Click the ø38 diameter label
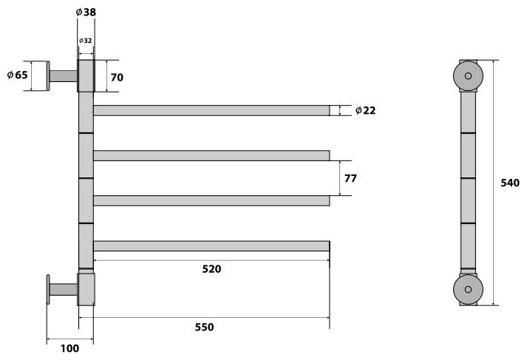click(86, 13)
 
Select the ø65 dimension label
click(17, 75)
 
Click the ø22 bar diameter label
click(366, 110)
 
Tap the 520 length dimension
click(211, 268)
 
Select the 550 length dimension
click(211, 326)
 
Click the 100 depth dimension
click(70, 348)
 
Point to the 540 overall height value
click(511, 183)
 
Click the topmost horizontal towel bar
click(211, 111)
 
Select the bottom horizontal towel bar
click(211, 245)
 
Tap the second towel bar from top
click(211, 155)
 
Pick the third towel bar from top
click(211, 200)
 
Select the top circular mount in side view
click(468, 75)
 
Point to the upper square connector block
click(86, 76)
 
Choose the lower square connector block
click(86, 289)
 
